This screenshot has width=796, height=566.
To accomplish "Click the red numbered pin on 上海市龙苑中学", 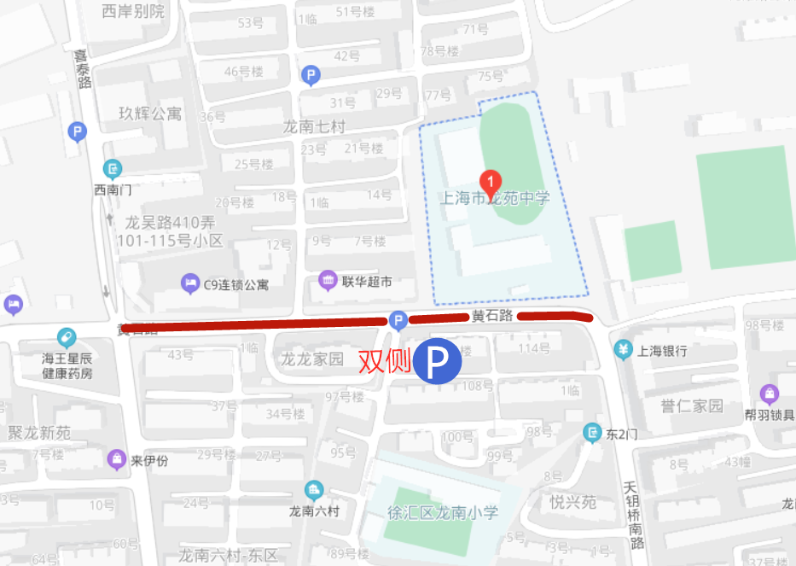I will click(491, 182).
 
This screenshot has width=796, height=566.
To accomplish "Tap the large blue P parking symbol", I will click(438, 361).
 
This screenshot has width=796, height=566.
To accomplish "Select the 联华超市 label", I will click(367, 281).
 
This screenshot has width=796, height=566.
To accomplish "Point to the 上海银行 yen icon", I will click(624, 350).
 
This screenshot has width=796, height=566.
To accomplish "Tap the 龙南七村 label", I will click(314, 127).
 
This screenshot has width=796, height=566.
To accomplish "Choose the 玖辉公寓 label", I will click(150, 114).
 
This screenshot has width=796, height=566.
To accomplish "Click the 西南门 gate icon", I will click(113, 168).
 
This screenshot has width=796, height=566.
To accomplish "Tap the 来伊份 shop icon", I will click(115, 460).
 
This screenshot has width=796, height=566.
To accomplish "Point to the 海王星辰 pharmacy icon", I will click(67, 338).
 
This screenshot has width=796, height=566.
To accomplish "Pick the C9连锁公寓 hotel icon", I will click(189, 283).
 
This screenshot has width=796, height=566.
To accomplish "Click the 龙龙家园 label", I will click(312, 359).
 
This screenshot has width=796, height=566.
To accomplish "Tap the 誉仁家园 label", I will click(692, 405).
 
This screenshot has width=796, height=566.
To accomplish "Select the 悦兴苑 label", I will click(572, 502).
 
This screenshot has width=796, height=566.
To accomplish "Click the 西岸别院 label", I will click(133, 11).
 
